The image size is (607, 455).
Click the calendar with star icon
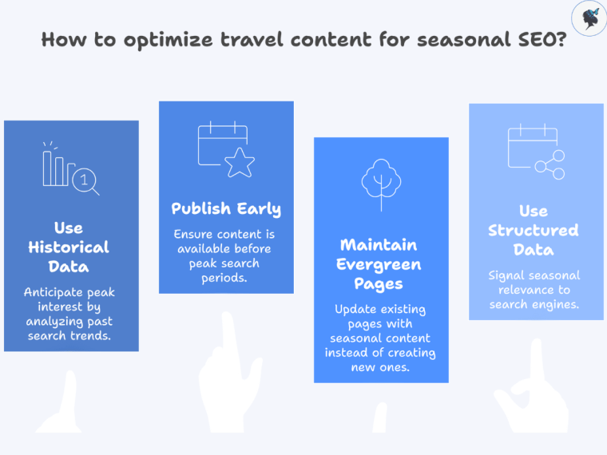point(226,149)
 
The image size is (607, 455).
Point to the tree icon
point(380,184)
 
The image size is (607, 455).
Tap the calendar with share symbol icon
point(536,152)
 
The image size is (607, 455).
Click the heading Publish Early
point(226,209)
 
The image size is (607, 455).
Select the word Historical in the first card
point(69,247)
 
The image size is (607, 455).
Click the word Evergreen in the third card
point(379,264)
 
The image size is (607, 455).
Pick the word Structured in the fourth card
point(534,231)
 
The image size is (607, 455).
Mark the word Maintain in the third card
point(379,245)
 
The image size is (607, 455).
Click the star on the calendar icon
point(239,163)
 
